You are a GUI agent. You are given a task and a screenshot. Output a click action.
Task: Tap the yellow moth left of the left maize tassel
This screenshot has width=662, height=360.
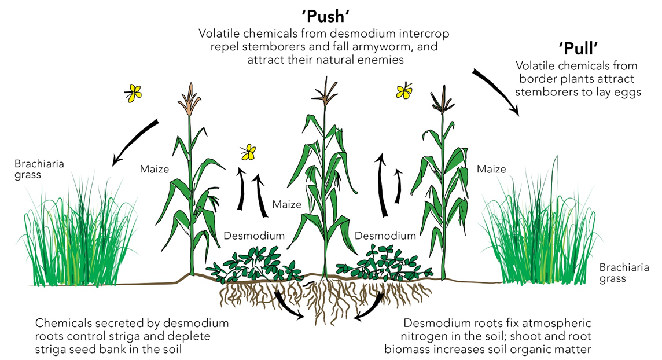click(x=134, y=93)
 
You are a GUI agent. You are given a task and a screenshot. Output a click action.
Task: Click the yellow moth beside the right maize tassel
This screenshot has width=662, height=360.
click(x=404, y=90)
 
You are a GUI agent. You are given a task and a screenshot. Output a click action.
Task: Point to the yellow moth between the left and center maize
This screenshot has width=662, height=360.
click(x=248, y=152)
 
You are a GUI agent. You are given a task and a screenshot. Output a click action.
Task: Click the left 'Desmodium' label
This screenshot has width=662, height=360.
click(x=254, y=236)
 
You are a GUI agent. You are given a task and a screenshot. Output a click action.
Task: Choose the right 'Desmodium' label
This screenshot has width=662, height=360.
click(x=385, y=236)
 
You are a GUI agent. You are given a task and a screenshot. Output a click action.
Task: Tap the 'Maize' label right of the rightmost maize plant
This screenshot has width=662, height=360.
click(x=491, y=169)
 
